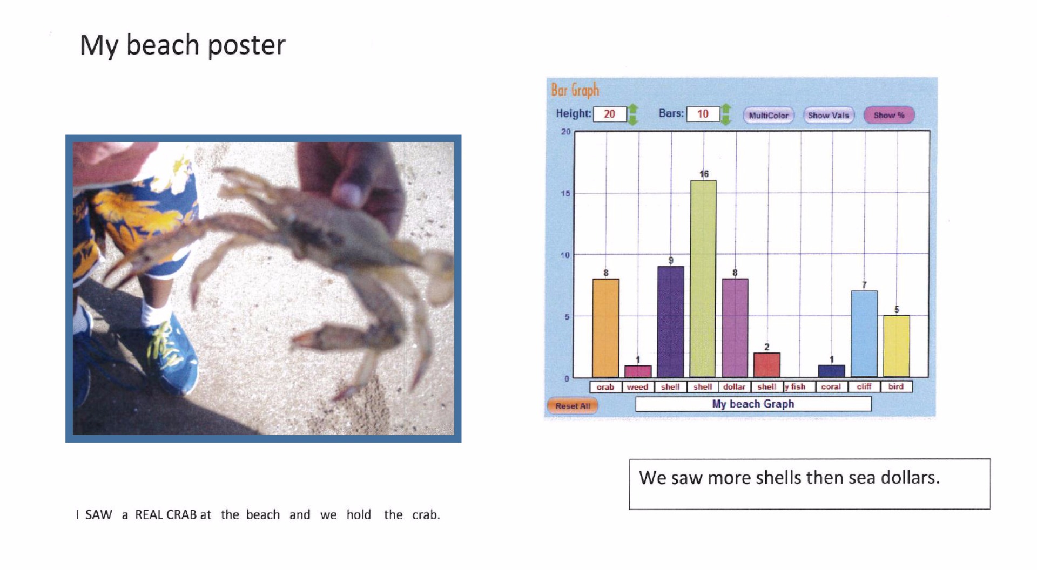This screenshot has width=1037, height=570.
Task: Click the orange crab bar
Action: click(x=605, y=328)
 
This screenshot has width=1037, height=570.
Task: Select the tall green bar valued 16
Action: click(x=703, y=279)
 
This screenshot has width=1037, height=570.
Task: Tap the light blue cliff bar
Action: click(x=864, y=334)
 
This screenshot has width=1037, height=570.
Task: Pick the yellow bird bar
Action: click(x=897, y=346)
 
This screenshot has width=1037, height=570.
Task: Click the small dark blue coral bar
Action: click(x=832, y=371)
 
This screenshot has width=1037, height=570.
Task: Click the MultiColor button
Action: click(x=769, y=115)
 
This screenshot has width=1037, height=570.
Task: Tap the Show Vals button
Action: click(x=829, y=115)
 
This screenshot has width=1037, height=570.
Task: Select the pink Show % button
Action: click(x=889, y=115)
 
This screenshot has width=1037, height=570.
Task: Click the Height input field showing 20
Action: click(x=610, y=114)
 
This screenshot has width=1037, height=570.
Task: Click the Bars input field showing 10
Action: click(x=703, y=114)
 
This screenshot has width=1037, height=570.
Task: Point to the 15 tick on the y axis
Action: click(x=565, y=193)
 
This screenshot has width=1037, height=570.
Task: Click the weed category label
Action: click(x=637, y=387)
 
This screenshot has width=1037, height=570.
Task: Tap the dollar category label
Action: click(x=735, y=387)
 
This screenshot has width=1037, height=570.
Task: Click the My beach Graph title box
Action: click(x=753, y=404)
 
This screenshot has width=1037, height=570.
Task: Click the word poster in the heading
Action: click(x=246, y=45)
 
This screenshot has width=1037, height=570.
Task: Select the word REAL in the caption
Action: click(x=149, y=515)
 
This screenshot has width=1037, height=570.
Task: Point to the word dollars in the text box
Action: click(x=911, y=478)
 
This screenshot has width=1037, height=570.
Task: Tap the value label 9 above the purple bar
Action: click(x=671, y=261)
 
